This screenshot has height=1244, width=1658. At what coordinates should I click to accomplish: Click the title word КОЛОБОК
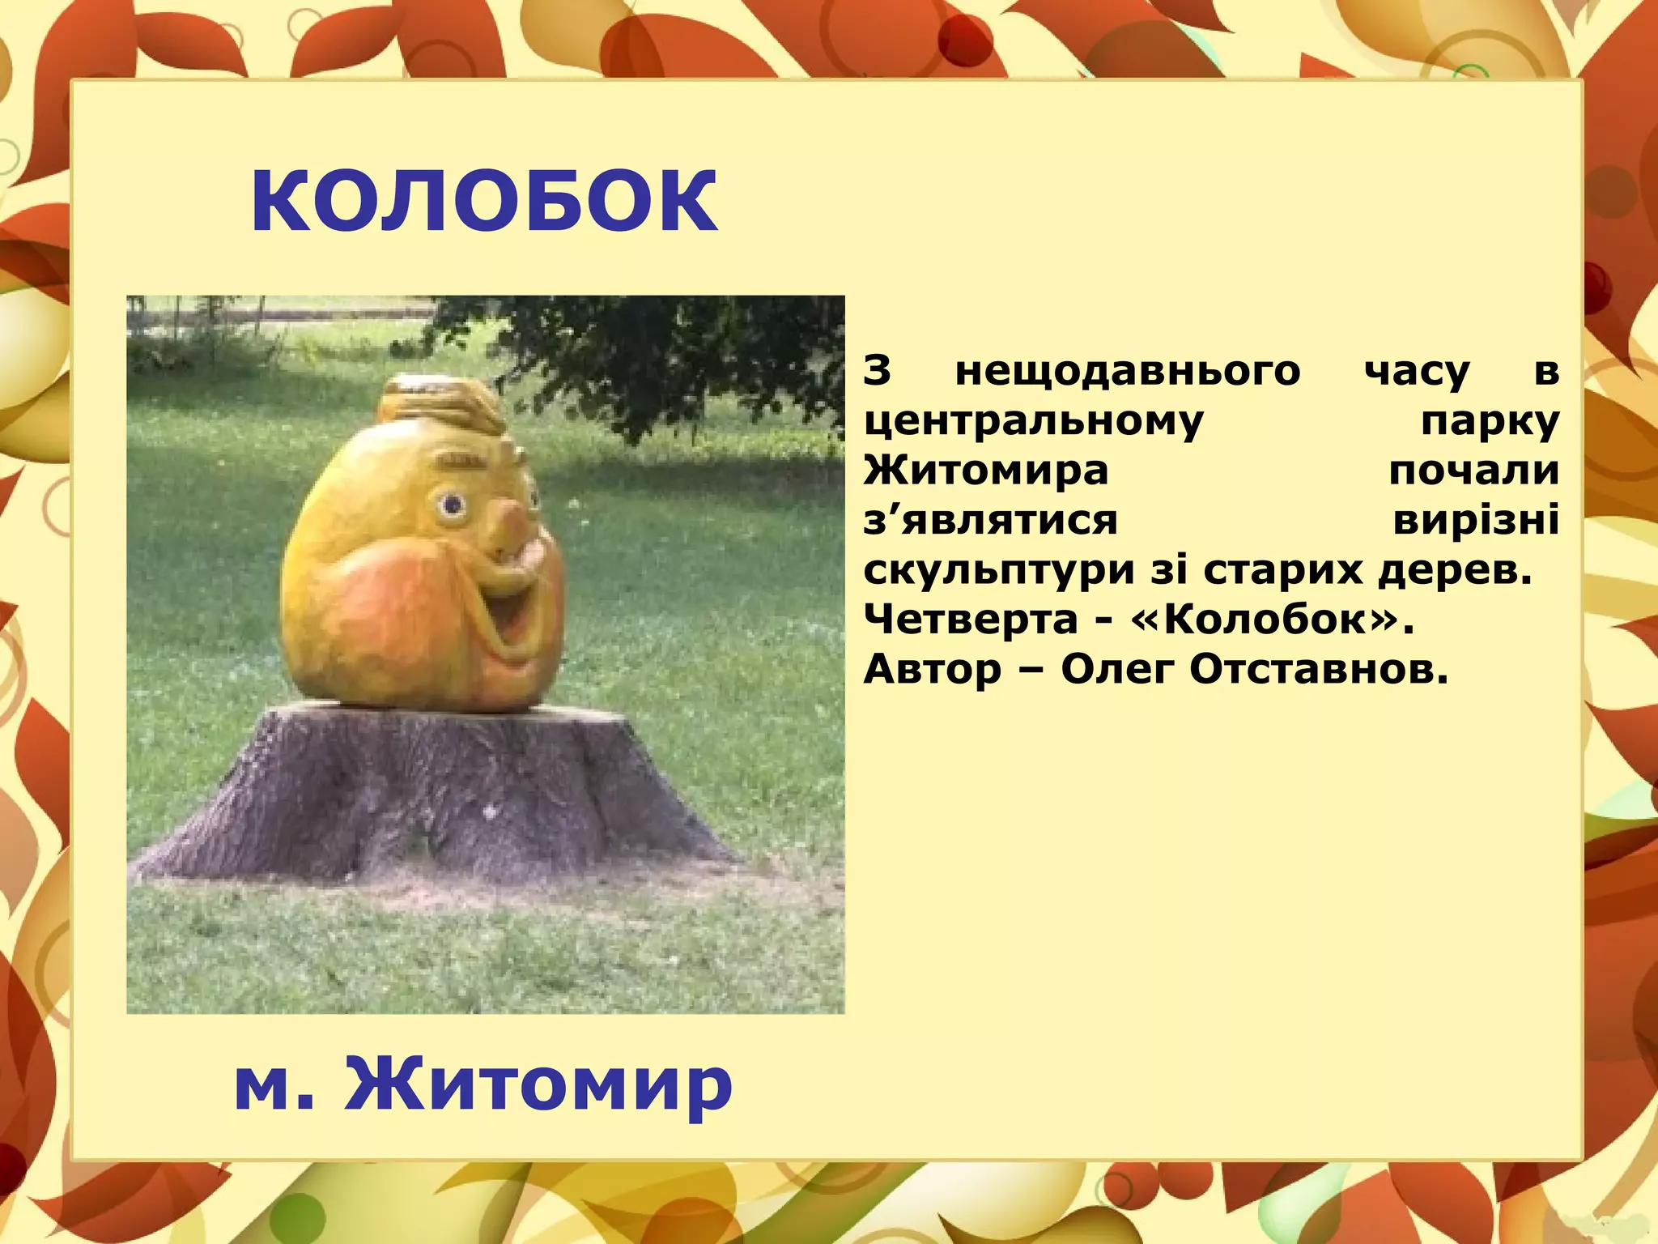coord(484,202)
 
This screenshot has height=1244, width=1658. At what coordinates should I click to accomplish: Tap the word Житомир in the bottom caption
coord(538,1084)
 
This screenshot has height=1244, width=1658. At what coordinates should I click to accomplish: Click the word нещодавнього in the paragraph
coord(1128,372)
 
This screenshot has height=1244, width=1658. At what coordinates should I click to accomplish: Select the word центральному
coord(1034,421)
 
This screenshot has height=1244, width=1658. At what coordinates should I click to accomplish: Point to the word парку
coord(1490,421)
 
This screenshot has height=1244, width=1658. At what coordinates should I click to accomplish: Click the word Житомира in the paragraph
coord(985,471)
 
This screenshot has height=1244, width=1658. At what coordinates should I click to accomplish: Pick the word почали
coord(1473,471)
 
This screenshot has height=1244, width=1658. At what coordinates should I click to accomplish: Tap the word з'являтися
coord(990,520)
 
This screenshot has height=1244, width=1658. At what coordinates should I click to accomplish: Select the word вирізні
coord(1475,520)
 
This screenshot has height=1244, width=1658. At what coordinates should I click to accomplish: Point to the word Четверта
coord(971,620)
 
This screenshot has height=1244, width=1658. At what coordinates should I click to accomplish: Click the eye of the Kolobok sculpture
coord(452,506)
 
